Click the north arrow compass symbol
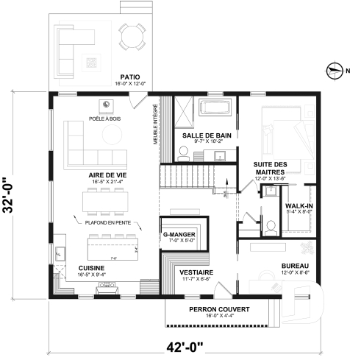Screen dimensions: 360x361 pyautogui.click(x=334, y=71)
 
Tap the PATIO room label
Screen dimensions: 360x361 pyautogui.click(x=130, y=77)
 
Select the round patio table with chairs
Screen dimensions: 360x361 pyautogui.click(x=133, y=37)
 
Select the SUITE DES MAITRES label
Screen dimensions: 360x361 pyautogui.click(x=271, y=167)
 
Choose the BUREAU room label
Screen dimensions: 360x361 pyautogui.click(x=295, y=265)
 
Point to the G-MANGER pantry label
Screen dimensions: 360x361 pyautogui.click(x=179, y=234)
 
